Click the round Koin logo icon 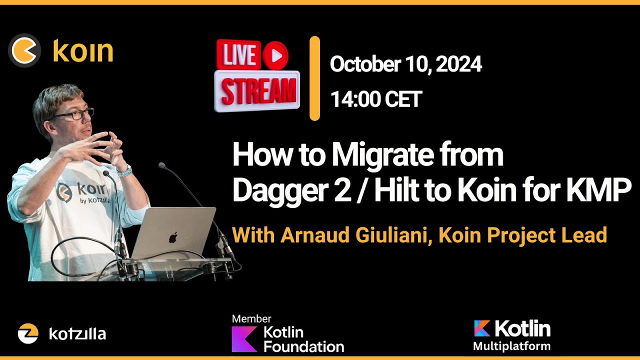tap(24, 50)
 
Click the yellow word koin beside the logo tap(83, 51)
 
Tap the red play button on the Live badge tap(275, 54)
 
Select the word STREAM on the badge tap(258, 91)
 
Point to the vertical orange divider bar tap(314, 78)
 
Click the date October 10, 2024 tap(405, 64)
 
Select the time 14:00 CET tap(376, 99)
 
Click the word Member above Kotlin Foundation tap(251, 319)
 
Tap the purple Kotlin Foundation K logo tap(244, 339)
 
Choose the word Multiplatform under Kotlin tap(511, 346)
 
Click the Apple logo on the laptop tap(173, 237)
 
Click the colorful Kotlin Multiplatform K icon tap(482, 328)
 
